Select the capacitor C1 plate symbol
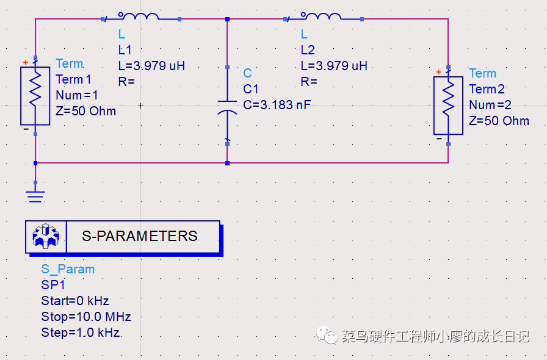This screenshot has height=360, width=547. click(227, 107)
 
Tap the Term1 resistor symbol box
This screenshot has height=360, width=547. click(35, 96)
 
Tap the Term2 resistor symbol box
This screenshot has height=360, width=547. click(448, 106)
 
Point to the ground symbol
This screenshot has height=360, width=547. click(35, 196)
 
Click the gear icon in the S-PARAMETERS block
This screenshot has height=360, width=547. click(46, 237)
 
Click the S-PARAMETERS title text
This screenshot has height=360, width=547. click(140, 236)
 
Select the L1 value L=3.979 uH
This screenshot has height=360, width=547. click(151, 65)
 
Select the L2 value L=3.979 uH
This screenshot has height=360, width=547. click(334, 65)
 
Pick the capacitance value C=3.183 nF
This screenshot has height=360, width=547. click(277, 105)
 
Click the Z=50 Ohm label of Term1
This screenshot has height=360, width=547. click(86, 111)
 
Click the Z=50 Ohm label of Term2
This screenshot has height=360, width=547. click(499, 121)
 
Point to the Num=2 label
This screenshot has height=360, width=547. click(490, 105)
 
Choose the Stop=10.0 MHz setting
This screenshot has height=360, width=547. click(86, 317)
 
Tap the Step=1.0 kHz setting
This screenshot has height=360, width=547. click(81, 333)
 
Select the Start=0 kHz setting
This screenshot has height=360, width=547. click(75, 301)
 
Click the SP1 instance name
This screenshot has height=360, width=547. click(53, 285)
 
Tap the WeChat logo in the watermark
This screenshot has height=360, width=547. click(327, 335)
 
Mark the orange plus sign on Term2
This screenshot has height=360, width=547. click(438, 72)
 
